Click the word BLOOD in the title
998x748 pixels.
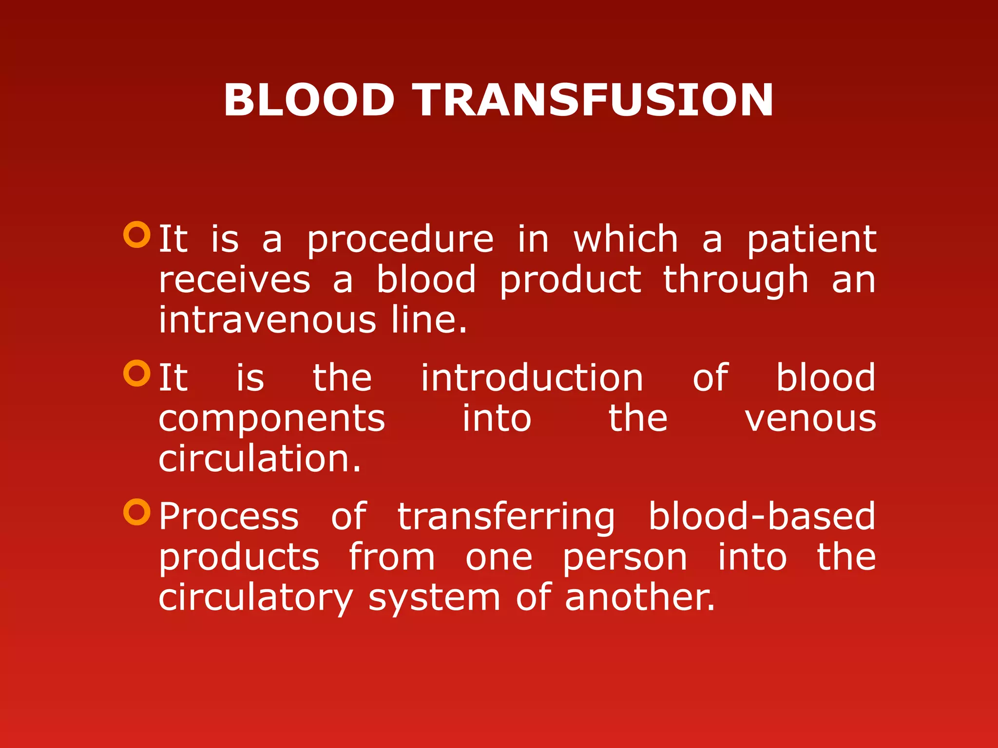(x=309, y=100)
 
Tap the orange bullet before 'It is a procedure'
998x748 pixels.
(x=137, y=235)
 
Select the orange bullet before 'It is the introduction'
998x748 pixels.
(x=137, y=374)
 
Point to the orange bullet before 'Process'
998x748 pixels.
(x=137, y=512)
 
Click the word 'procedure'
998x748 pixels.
(x=400, y=240)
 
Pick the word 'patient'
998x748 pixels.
(x=812, y=240)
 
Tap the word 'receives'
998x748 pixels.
(x=234, y=280)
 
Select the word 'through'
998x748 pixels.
(x=736, y=280)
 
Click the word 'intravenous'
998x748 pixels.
(x=268, y=320)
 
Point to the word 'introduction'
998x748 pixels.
(x=532, y=378)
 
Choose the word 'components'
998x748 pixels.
(x=272, y=419)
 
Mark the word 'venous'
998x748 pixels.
(x=810, y=419)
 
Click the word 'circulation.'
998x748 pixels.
(x=260, y=459)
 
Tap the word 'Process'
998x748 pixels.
(x=229, y=517)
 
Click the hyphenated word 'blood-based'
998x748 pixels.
(x=762, y=516)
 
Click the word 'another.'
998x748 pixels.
(x=640, y=598)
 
